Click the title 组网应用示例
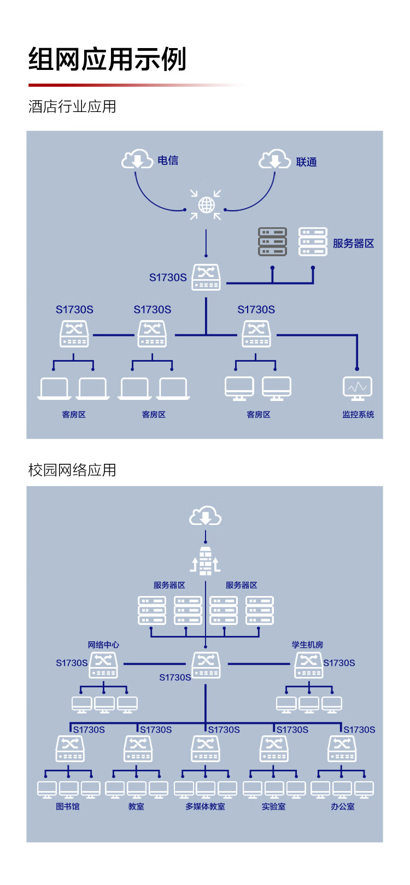108,60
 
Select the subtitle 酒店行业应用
72,107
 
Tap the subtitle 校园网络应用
72,470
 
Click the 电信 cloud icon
136,159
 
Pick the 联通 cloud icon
274,159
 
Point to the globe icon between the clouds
206,205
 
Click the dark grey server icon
272,242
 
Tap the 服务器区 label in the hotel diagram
353,244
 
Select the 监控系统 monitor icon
358,388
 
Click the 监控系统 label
358,415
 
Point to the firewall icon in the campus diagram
206,560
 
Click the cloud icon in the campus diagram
205,516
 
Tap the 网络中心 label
103,645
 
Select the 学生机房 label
307,645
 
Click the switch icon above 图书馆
70,748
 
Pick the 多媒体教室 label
205,806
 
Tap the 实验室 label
273,806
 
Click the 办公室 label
342,806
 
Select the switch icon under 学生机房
308,665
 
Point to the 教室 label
136,806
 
